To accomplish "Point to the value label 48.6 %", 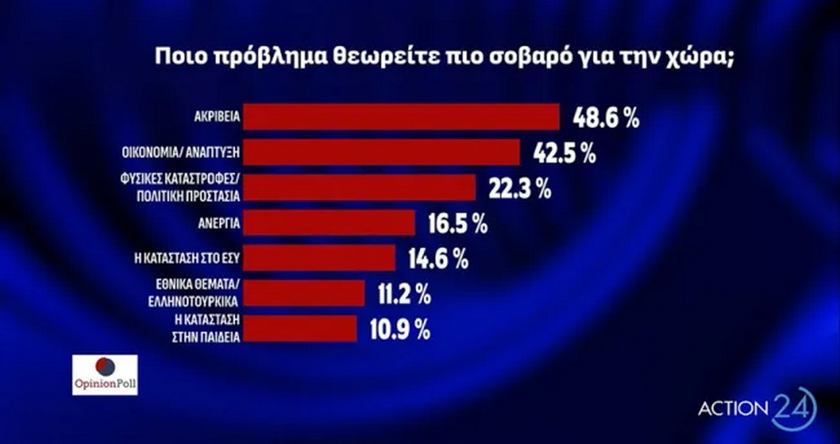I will [x=606, y=119].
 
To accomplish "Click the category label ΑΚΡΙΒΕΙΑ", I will [x=221, y=119].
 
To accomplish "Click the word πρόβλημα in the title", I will [x=262, y=56].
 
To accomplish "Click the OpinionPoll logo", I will [x=105, y=374].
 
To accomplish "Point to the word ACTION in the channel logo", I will [x=732, y=409].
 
